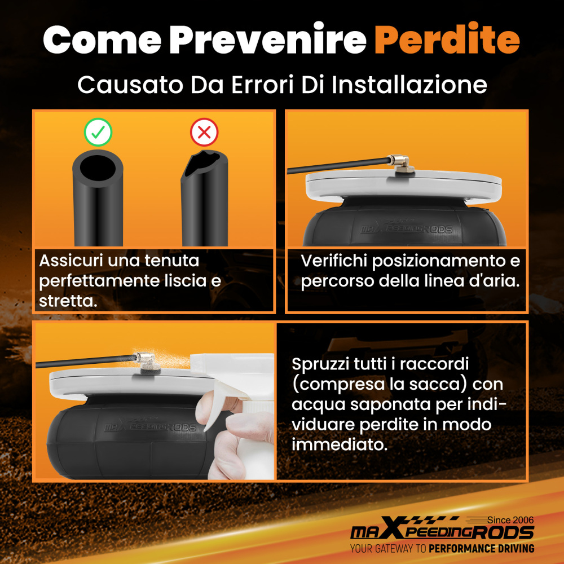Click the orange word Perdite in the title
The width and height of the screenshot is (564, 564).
point(447,39)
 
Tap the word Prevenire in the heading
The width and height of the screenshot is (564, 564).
point(268,39)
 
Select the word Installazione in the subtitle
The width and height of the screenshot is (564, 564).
point(409,85)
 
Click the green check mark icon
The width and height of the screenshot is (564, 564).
point(98,132)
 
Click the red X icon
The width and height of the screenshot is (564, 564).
point(204,132)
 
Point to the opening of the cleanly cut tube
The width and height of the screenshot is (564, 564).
point(98,168)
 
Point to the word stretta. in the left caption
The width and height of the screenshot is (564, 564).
point(68,301)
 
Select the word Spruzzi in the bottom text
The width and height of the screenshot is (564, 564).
point(320,364)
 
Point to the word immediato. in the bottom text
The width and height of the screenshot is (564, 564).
point(340,444)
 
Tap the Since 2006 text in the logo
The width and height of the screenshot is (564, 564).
point(510,520)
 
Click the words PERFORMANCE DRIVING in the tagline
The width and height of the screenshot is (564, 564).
point(481,549)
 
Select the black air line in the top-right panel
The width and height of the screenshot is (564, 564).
point(338,165)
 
